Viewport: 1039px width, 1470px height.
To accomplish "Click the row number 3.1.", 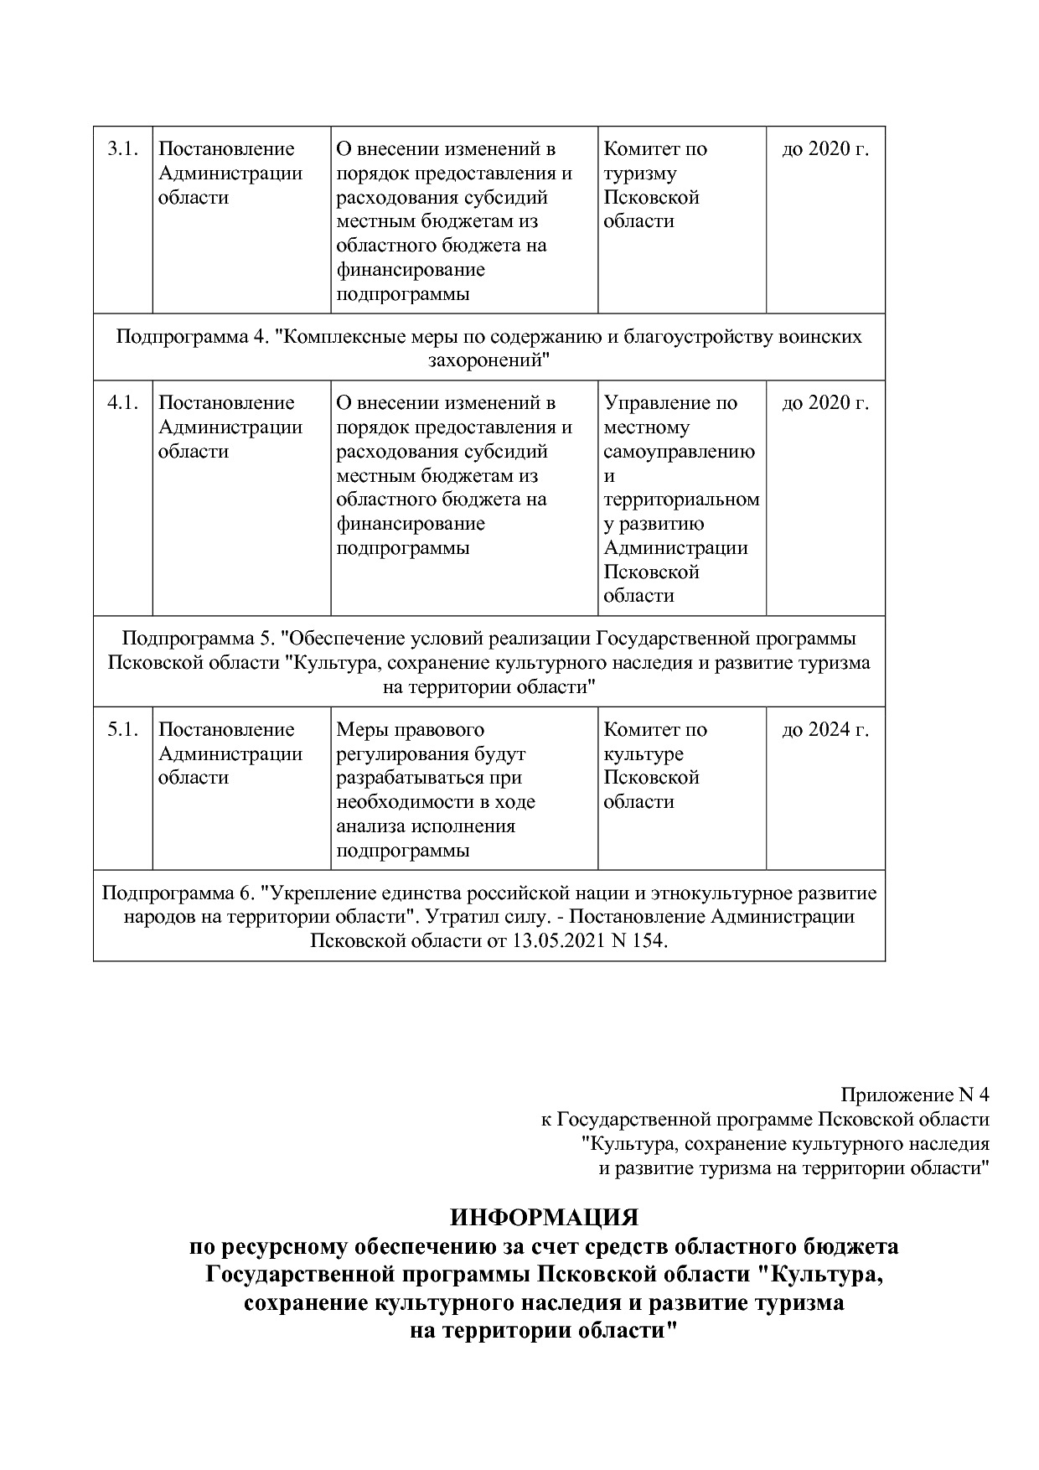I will coord(122,149).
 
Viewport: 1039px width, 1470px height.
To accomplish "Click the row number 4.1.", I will coord(122,403).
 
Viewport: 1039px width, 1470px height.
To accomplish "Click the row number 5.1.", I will coord(122,730).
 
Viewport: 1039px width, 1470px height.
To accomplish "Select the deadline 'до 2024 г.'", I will coord(824,730).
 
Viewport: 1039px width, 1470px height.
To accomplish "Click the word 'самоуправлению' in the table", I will coord(679,452).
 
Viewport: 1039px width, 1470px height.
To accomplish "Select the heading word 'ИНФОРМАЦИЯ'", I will coord(544,1217).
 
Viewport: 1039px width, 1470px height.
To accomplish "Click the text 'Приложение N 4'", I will coord(915,1095).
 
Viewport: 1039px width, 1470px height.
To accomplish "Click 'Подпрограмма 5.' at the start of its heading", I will coord(199,639).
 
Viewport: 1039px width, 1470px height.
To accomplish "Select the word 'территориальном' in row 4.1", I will coord(681,499).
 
